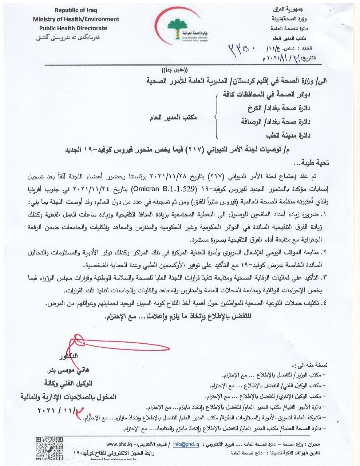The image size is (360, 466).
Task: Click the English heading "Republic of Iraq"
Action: click(x=76, y=10)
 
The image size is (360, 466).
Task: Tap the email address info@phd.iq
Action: click(x=186, y=444)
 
